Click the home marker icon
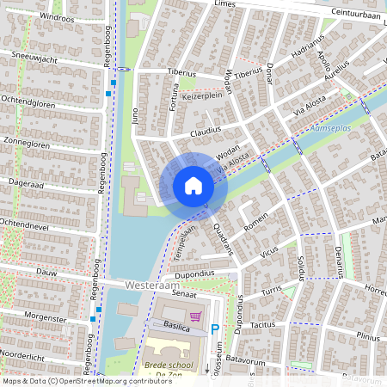193,185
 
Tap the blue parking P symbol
215,329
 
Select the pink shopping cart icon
196,316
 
